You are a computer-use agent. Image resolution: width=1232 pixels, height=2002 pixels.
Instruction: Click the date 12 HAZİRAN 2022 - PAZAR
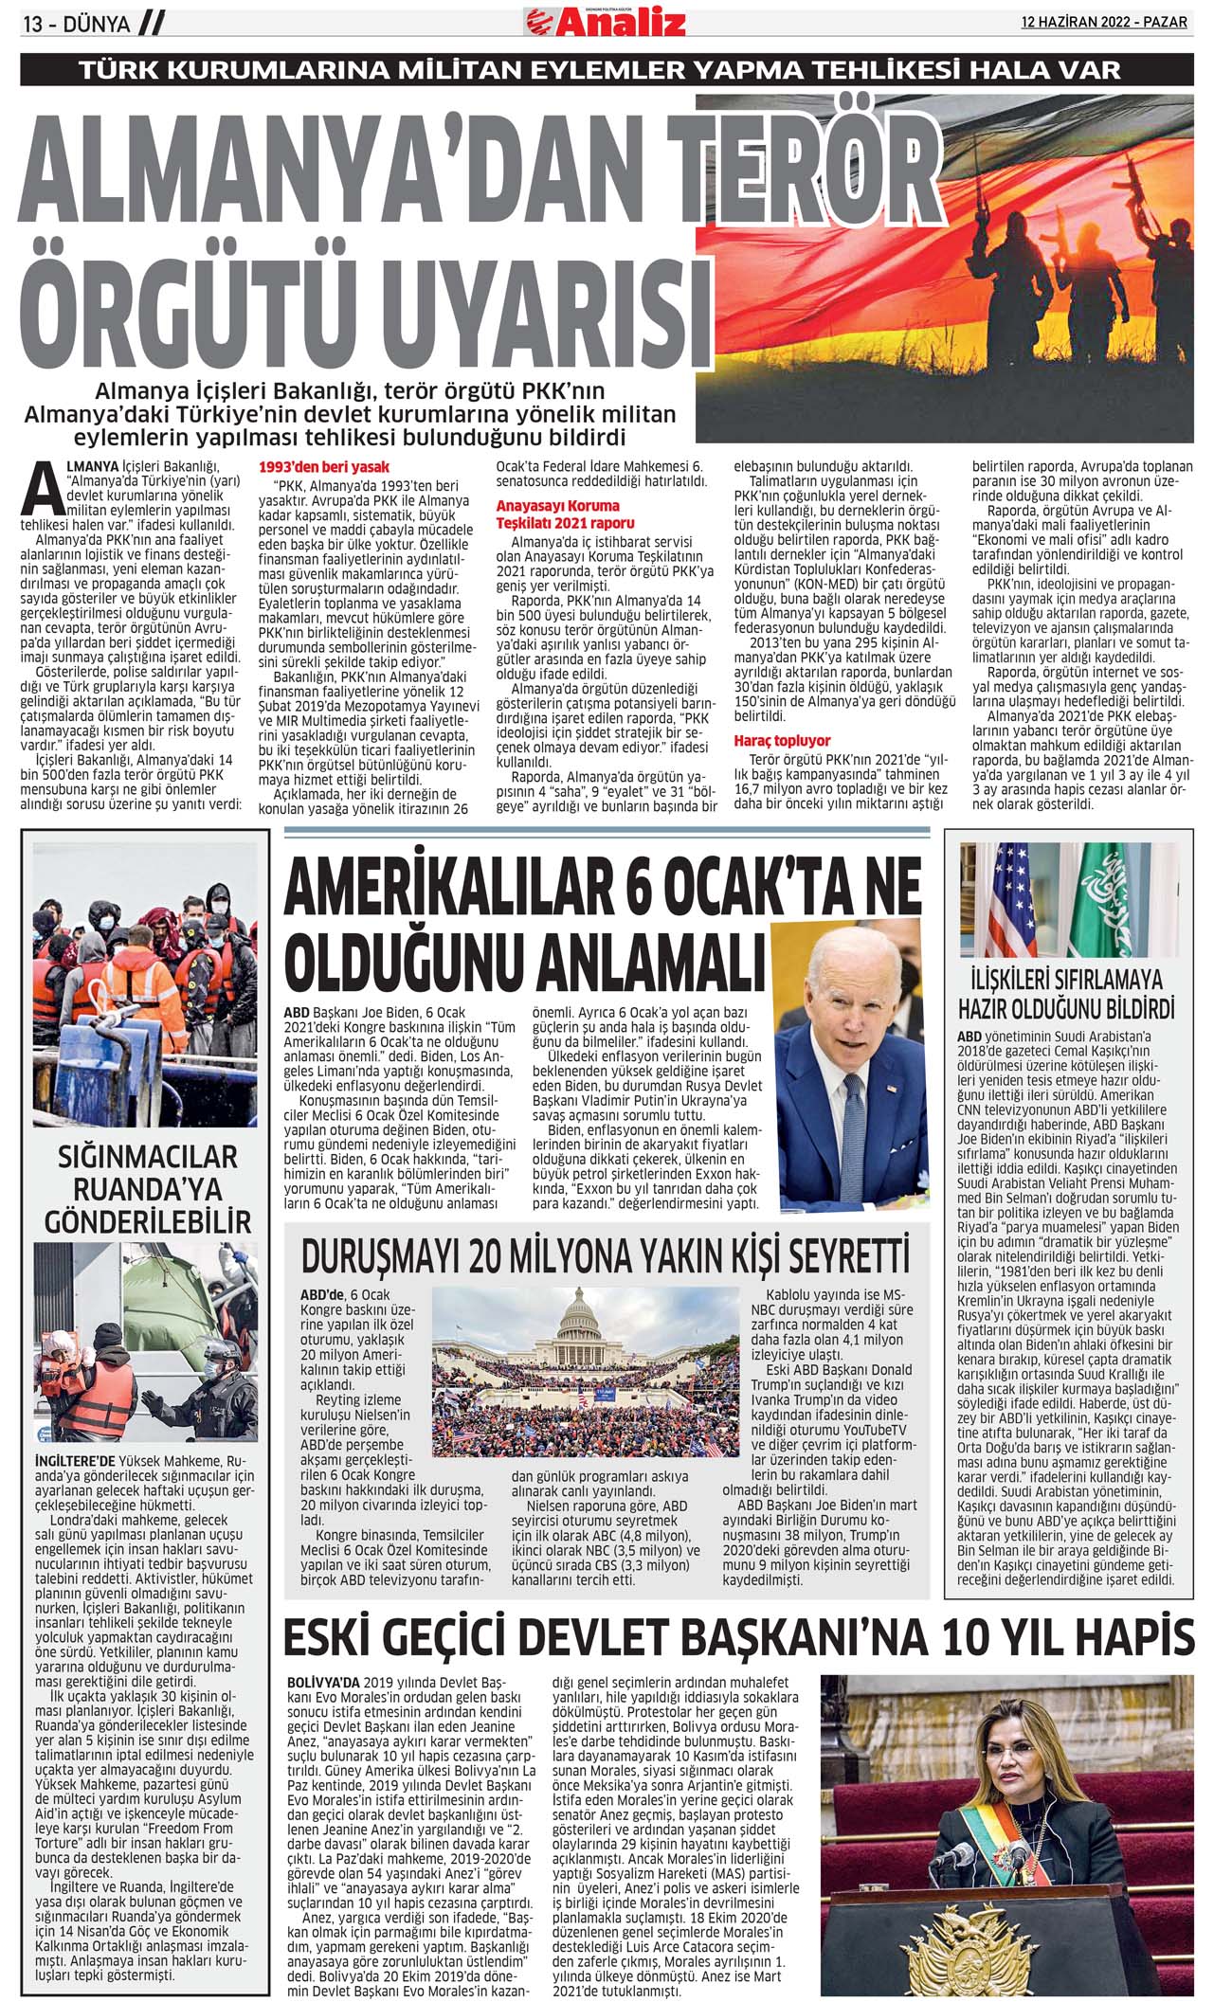(x=1103, y=22)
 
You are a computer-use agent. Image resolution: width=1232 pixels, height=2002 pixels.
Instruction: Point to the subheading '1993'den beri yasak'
(x=323, y=468)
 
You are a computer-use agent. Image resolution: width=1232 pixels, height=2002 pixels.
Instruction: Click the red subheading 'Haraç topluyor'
(x=782, y=741)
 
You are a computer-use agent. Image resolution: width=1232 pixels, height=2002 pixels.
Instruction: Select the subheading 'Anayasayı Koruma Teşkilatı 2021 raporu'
(x=566, y=514)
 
